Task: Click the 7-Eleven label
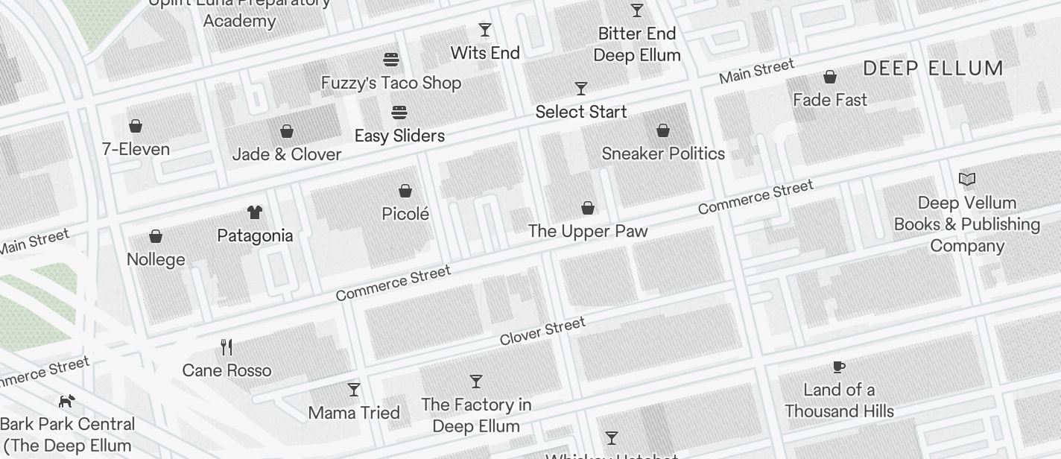[x=136, y=149]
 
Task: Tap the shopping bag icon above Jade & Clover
[x=287, y=132]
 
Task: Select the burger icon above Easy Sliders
[x=399, y=113]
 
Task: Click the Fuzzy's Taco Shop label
[x=391, y=83]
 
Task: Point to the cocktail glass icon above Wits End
[x=485, y=30]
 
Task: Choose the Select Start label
[x=581, y=112]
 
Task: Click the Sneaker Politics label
[x=663, y=153]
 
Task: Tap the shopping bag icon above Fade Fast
[x=829, y=77]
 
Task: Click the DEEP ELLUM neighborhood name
[x=933, y=69]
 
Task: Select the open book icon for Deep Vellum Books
[x=967, y=179]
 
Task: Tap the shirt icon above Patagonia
[x=255, y=212]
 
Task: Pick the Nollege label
[x=156, y=259]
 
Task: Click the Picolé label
[x=405, y=214]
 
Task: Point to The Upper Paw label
[x=588, y=231]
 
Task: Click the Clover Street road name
[x=542, y=331]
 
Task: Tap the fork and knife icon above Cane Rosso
[x=227, y=346]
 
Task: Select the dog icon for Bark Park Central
[x=67, y=401]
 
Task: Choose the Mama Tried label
[x=354, y=412]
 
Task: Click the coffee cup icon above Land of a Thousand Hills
[x=839, y=367]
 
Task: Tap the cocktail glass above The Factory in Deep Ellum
[x=476, y=382]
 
